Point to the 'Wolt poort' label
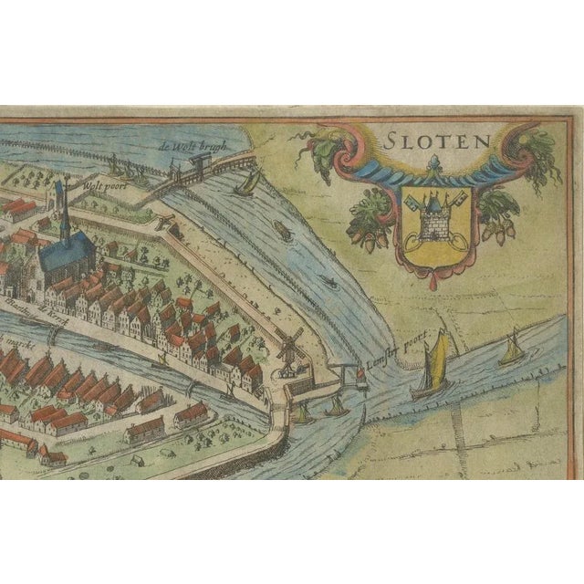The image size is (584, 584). [102, 183]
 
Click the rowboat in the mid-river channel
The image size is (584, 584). [284, 232]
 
